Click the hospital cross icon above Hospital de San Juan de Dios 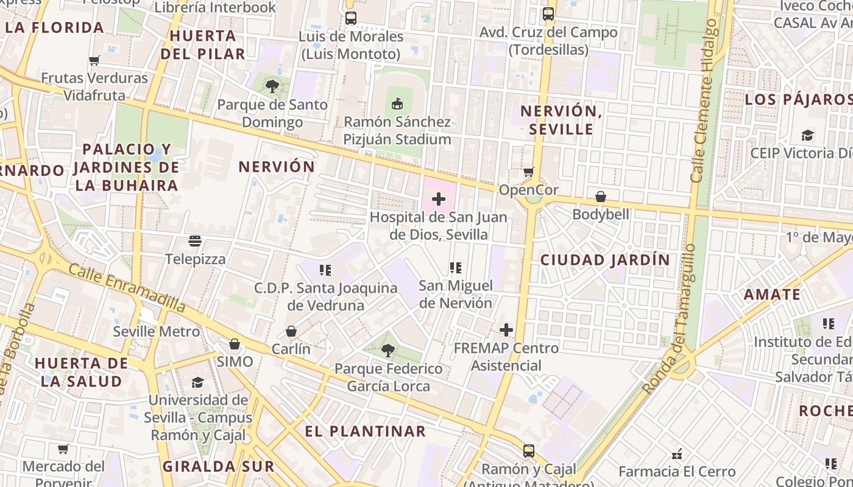click(439, 199)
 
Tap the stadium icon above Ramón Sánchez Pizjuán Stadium click(397, 104)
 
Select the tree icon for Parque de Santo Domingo click(272, 87)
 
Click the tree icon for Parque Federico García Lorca click(388, 351)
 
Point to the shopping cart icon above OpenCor click(528, 172)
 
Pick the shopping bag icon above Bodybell click(601, 197)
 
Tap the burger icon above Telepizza click(195, 241)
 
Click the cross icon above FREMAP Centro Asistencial click(506, 330)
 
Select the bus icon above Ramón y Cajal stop click(529, 451)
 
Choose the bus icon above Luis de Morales click(351, 18)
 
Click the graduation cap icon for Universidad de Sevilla click(197, 382)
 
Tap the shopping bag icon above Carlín click(291, 331)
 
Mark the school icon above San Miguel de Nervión click(455, 267)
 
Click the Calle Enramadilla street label click(126, 287)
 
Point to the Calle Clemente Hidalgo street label click(705, 100)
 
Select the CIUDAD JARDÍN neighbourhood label click(605, 260)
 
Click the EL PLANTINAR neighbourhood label click(366, 431)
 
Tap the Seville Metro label click(156, 332)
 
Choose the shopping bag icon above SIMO click(235, 344)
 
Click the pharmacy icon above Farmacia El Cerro click(677, 454)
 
